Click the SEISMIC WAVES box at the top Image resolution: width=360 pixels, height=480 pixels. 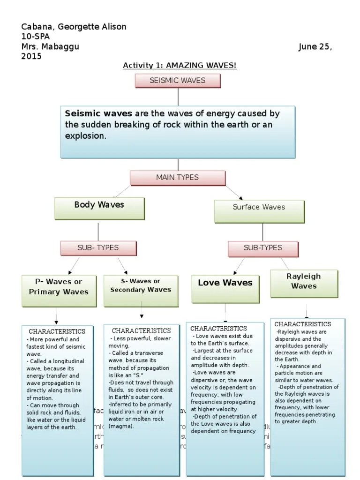coord(178,81)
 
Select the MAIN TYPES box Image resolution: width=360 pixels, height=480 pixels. coord(178,178)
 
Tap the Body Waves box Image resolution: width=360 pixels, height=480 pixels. coord(99,208)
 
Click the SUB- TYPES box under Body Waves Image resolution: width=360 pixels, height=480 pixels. coord(98,248)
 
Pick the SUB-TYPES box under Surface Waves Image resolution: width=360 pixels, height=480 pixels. coord(263,248)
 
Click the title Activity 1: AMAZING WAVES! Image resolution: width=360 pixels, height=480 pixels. coord(180,65)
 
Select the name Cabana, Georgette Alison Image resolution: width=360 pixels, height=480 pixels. coord(74,27)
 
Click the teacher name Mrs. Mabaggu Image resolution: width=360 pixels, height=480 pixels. coord(51,47)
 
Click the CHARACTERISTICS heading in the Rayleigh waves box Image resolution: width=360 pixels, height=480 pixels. coord(302,324)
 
